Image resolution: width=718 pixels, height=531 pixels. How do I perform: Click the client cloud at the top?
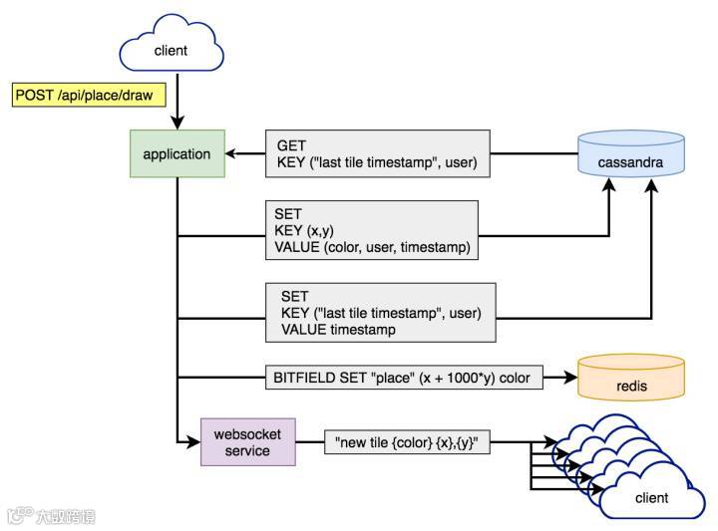[x=172, y=45]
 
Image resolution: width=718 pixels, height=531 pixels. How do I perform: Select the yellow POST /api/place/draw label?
[x=89, y=95]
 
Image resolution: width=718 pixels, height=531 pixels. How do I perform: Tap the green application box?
[x=178, y=153]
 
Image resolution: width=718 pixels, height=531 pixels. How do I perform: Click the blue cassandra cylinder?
[x=631, y=153]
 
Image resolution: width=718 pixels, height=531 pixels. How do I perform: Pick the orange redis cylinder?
[x=631, y=378]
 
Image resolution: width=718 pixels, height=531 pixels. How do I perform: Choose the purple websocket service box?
[x=248, y=442]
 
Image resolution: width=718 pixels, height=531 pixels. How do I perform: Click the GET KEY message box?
[x=378, y=153]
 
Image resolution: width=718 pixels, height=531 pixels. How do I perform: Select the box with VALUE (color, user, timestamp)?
[x=372, y=230]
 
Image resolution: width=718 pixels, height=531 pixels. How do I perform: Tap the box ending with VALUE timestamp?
[x=381, y=313]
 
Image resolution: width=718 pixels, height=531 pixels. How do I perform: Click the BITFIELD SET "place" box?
[x=404, y=378]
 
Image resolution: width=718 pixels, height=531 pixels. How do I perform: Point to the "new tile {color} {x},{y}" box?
[x=407, y=442]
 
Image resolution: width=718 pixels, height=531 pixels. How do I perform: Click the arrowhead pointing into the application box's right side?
[x=231, y=153]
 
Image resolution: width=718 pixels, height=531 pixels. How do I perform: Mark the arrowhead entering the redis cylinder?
[x=570, y=378]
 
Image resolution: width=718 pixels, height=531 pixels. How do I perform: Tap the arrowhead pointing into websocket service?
[x=193, y=442]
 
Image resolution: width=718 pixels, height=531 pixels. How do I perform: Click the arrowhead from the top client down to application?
[x=178, y=123]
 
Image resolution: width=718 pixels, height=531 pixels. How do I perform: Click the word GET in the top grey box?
[x=291, y=145]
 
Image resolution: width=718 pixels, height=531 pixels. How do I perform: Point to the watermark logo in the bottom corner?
[x=51, y=516]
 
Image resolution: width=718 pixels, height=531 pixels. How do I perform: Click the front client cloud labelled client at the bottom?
[x=652, y=496]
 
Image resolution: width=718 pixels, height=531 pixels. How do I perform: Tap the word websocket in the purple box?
[x=247, y=434]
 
